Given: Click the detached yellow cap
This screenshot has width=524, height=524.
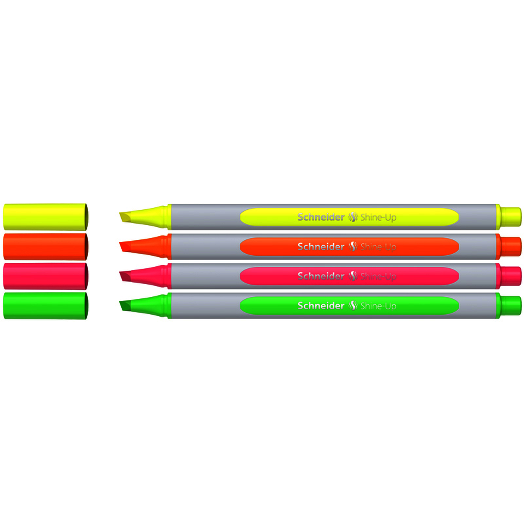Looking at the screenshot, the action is [x=46, y=217].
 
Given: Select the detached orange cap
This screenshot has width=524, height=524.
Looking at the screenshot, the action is [x=46, y=246].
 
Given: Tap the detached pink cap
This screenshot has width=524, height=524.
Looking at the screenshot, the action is [x=46, y=276].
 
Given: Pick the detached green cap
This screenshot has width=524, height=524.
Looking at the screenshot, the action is [x=46, y=306].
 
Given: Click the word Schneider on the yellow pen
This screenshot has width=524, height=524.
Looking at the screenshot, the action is [x=321, y=217].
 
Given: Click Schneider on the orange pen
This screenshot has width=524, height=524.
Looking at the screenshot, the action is [x=321, y=246].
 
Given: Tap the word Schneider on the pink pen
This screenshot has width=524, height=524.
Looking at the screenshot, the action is [x=321, y=276].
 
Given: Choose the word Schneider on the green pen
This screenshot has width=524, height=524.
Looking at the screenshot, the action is [x=321, y=305].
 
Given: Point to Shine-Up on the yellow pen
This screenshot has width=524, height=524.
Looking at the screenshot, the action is [x=378, y=217].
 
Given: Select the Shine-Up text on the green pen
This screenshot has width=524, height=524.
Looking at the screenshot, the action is [x=378, y=306].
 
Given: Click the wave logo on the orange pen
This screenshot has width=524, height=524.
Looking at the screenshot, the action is [x=352, y=246].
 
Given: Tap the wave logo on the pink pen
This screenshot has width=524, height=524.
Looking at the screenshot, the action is [x=352, y=276].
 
